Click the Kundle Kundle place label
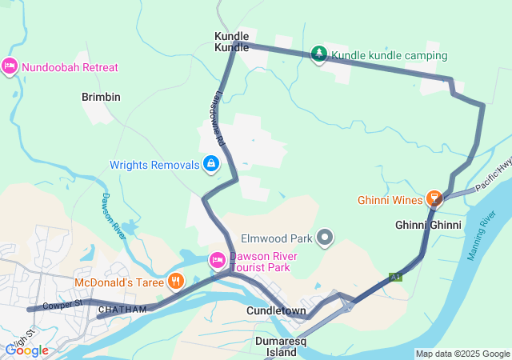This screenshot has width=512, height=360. pos(232,42)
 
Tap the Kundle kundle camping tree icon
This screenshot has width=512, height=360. pos(319,54)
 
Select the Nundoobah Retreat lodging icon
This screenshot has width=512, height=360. pos(10,66)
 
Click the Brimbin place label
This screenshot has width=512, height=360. pos(101,97)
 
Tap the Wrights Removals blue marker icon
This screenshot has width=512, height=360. pos(210,165)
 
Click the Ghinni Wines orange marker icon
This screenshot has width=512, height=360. pos(434,197)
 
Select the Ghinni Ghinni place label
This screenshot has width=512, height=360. pos(428,226)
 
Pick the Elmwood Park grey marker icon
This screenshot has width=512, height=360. pos(325,237)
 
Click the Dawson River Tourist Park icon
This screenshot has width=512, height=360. pos(216,259)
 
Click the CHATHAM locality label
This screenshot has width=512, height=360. pos(122,310)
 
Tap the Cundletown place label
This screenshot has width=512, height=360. pos(276,310)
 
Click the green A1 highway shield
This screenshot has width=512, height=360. pos(395,277)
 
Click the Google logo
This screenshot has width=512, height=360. pos(26,350)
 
